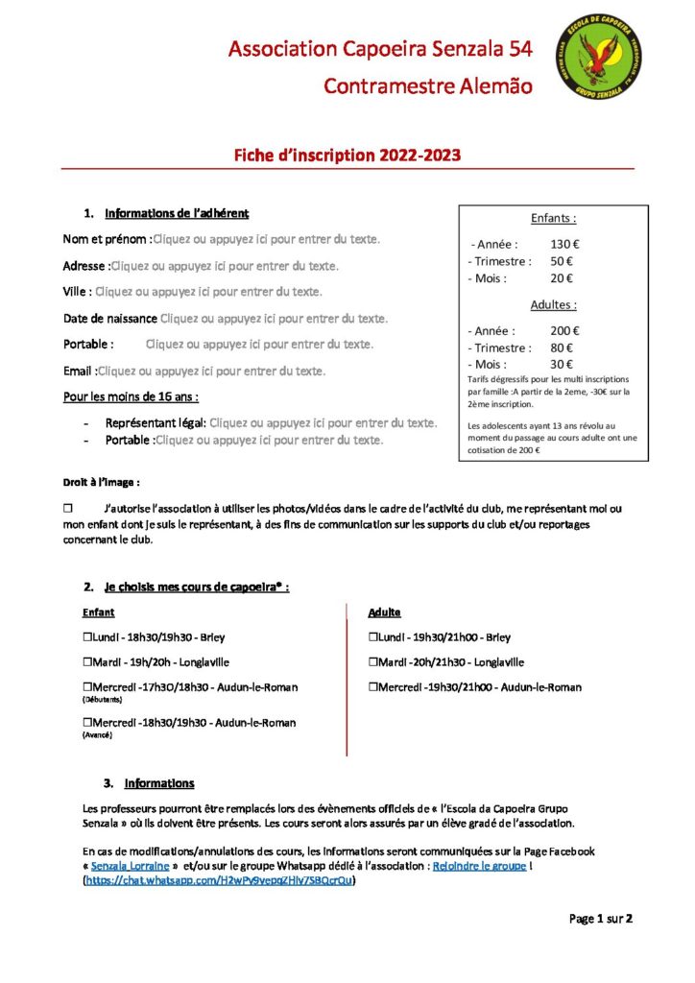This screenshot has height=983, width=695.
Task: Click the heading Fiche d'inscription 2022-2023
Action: point(347,155)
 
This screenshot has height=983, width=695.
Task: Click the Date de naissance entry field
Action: point(274,318)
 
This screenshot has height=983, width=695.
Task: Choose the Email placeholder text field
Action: point(211,371)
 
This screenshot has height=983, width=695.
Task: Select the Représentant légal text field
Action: point(323,422)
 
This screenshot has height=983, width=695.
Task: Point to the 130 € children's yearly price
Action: point(564,244)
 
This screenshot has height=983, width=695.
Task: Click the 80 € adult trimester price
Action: point(562,348)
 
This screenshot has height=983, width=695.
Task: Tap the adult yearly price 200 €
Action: point(564,330)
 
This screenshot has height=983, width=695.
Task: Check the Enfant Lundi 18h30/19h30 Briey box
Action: point(88,636)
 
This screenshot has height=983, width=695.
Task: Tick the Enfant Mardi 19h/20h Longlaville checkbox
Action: point(88,661)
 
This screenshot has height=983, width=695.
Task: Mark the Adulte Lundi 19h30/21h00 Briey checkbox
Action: point(373,636)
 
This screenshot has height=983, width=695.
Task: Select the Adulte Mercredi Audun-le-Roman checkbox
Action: point(373,687)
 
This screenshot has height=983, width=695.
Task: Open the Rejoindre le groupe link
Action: point(479,866)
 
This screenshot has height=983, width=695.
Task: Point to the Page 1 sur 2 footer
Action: point(601,919)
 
